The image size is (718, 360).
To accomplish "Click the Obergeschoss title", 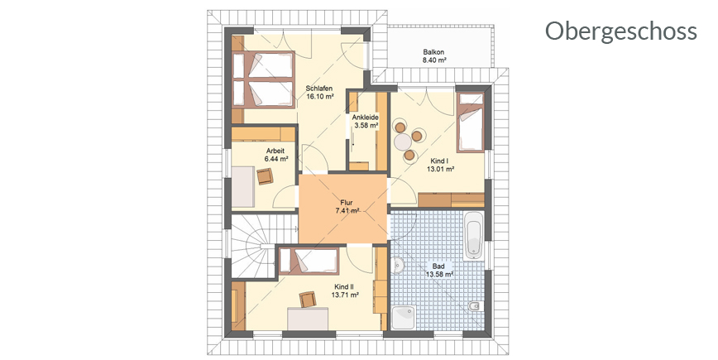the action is pyautogui.click(x=620, y=32).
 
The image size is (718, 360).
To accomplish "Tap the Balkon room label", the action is pyautogui.click(x=433, y=56).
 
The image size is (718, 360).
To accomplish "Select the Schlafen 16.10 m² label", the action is pyautogui.click(x=319, y=92).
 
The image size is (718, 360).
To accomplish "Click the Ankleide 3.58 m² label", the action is pyautogui.click(x=365, y=121).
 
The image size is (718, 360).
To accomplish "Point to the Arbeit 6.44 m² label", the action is pyautogui.click(x=275, y=155).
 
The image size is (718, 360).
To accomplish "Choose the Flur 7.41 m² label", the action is pyautogui.click(x=347, y=207).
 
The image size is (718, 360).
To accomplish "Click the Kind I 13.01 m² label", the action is pyautogui.click(x=440, y=165).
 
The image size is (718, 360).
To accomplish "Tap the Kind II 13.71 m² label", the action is pyautogui.click(x=345, y=290).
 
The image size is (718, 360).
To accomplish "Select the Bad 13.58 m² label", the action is pyautogui.click(x=438, y=270).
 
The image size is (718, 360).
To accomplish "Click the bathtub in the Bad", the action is pyautogui.click(x=473, y=235).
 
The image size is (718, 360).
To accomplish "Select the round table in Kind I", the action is pyautogui.click(x=404, y=142).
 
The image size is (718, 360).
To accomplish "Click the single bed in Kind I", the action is pyautogui.click(x=471, y=122).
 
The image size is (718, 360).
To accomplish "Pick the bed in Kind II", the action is pyautogui.click(x=309, y=261).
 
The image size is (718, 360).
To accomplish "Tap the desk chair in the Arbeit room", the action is pyautogui.click(x=265, y=176).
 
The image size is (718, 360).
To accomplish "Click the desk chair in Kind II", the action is pyautogui.click(x=308, y=299).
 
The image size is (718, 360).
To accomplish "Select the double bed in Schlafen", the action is pyautogui.click(x=263, y=79).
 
